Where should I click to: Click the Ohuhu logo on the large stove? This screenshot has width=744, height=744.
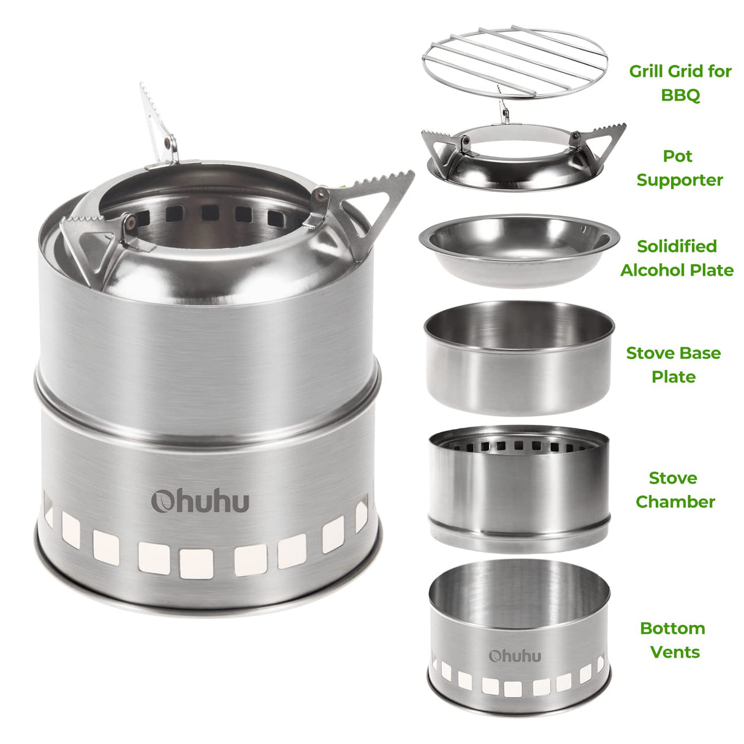pos(200,501)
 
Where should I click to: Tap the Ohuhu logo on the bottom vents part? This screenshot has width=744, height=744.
pos(515,655)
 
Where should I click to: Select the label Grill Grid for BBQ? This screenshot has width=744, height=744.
pos(680,83)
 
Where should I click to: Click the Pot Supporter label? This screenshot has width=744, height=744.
pos(679,168)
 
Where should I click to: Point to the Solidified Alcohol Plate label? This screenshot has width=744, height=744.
pos(677,258)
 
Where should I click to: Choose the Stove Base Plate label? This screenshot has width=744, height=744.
pos(673,365)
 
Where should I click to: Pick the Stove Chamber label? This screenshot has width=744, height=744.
pos(675,490)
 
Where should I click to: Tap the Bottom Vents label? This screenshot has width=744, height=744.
pos(673,640)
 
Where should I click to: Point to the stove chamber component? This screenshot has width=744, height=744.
pos(518,487)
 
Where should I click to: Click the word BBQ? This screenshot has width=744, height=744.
pos(680,95)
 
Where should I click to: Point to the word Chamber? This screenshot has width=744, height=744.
pos(675,502)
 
